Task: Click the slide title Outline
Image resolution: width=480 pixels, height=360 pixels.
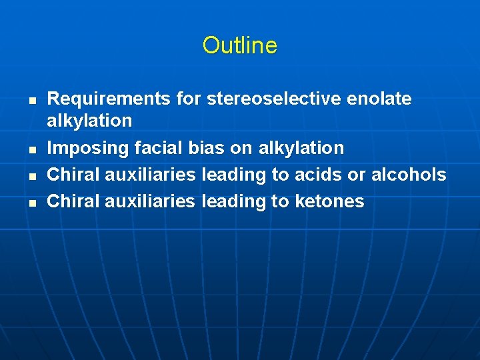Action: point(239,45)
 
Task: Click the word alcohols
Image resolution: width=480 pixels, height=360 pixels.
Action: point(409,175)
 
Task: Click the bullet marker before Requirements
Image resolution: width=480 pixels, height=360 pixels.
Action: point(31,101)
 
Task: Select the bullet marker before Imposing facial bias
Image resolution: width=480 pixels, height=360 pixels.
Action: point(31,149)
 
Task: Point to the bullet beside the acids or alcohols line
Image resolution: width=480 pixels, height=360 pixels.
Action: point(31,175)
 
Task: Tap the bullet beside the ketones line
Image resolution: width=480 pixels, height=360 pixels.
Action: point(31,202)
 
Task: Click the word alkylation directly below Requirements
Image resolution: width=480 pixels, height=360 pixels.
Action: point(89,121)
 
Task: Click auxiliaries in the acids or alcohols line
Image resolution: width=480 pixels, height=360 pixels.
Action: point(150,175)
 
